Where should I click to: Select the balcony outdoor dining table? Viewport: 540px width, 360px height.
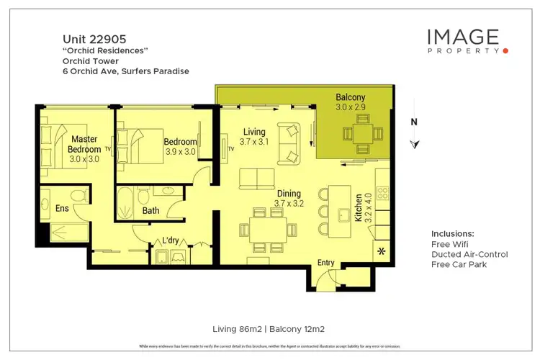pyautogui.click(x=358, y=135)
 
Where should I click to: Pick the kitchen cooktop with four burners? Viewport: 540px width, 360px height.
pyautogui.click(x=382, y=194)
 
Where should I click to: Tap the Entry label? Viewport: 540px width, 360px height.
pyautogui.click(x=326, y=263)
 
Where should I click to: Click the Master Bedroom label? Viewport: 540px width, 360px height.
pyautogui.click(x=85, y=144)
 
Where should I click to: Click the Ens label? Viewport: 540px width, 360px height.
pyautogui.click(x=63, y=208)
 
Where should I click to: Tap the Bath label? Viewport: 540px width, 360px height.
pyautogui.click(x=150, y=211)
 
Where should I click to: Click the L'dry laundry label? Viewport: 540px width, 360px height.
pyautogui.click(x=170, y=240)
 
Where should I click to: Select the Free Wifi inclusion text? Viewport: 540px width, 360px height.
pyautogui.click(x=451, y=244)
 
